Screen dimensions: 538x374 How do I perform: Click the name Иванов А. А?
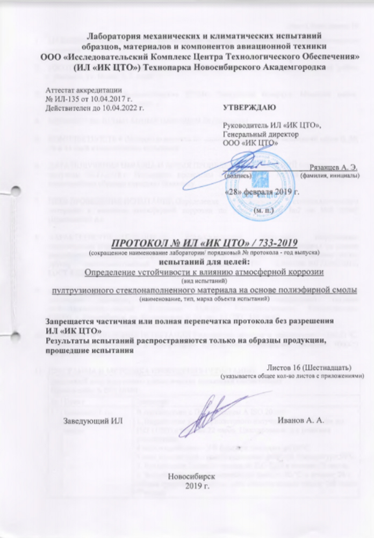[297, 419]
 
